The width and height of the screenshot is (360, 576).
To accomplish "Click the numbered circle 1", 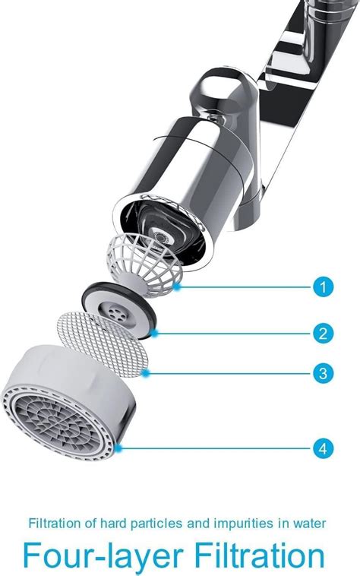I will (323, 287).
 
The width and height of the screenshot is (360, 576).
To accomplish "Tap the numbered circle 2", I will (323, 332).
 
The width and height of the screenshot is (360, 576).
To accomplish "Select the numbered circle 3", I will (323, 372).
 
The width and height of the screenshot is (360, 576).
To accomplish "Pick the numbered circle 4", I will (323, 448).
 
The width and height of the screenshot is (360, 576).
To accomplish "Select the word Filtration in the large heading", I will (254, 555).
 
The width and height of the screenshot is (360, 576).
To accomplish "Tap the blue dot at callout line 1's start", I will (176, 287).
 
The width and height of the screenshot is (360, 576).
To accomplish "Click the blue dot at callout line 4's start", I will (121, 448).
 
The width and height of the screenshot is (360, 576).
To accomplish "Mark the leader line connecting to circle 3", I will (228, 372).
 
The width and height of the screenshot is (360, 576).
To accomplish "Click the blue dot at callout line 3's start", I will (144, 372).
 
